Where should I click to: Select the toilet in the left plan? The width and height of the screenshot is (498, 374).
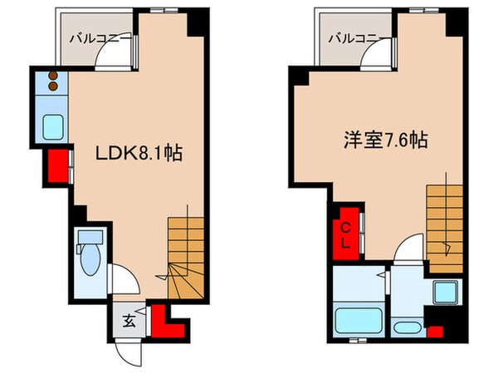(x=86, y=250)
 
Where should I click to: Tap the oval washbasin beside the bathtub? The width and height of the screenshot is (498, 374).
(x=407, y=327)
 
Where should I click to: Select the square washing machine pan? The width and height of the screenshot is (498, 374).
(x=445, y=293)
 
